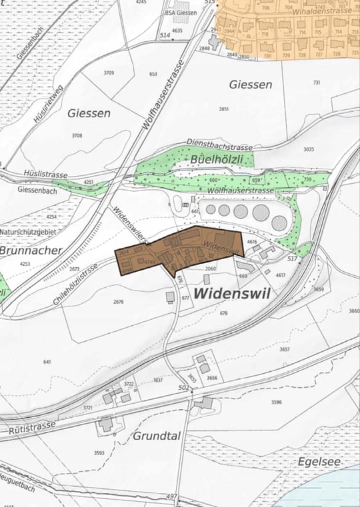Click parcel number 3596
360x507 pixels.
(277, 402)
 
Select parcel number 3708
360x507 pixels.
(77, 135)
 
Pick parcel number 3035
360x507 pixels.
(308, 149)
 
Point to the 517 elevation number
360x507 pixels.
(291, 257)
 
